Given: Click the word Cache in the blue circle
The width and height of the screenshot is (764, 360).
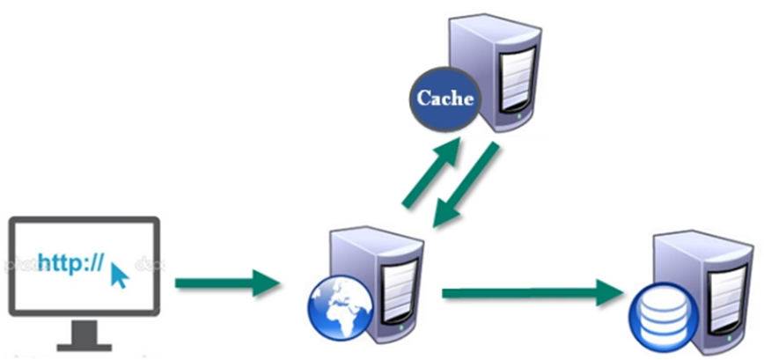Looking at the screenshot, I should pyautogui.click(x=444, y=98).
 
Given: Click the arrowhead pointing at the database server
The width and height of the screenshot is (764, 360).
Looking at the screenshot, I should pyautogui.click(x=606, y=291).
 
